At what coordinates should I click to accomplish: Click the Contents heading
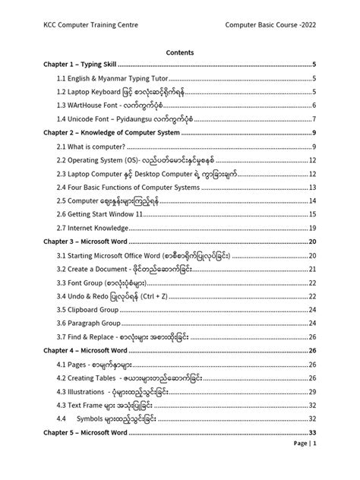[179, 53]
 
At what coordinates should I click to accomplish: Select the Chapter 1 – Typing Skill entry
[78, 66]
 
